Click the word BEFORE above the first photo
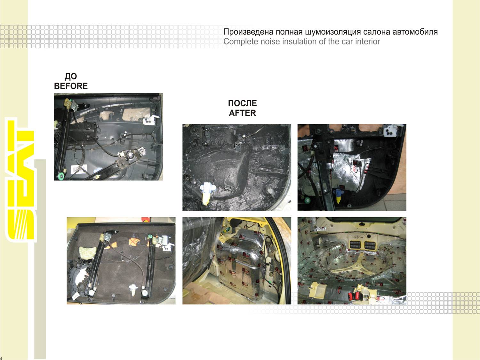[x=71, y=86]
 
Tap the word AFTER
[x=242, y=113]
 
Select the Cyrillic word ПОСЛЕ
[x=242, y=103]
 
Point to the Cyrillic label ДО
[x=71, y=76]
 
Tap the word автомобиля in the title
[x=415, y=32]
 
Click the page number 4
[x=1, y=358]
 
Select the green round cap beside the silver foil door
[x=308, y=200]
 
